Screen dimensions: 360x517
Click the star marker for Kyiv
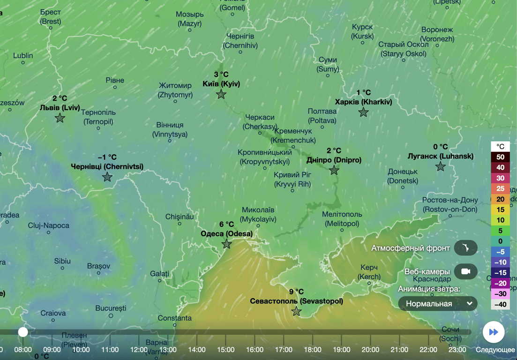pos(221,94)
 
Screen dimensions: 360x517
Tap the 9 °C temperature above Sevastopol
pos(296,292)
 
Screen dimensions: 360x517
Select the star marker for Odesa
pos(227,244)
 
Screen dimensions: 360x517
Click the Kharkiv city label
pos(363,102)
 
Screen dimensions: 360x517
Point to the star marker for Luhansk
pos(440,166)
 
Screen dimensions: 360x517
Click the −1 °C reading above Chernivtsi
pos(107,157)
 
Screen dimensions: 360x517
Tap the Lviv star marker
pos(60,118)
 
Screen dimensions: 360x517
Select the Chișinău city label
pos(180,217)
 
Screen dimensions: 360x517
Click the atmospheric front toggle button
pos(465,248)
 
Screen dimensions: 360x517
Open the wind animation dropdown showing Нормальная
pos(438,304)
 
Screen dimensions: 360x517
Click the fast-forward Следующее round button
pos(494,332)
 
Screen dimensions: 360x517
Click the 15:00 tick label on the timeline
pos(225,350)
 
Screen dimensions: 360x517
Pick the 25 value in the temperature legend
pos(500,188)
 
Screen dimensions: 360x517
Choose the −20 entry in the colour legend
pos(500,284)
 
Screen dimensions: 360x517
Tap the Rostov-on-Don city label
pos(450,205)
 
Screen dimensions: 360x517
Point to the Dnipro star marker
pos(334,170)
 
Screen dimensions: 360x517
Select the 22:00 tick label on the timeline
pos(428,350)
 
